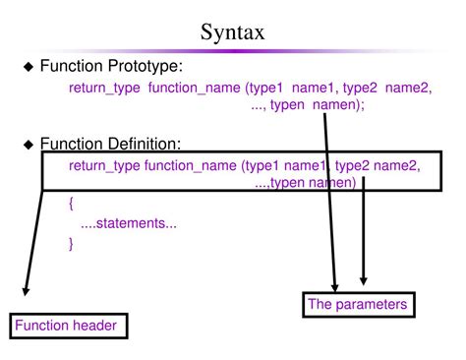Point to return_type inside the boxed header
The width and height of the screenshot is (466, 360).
(104, 165)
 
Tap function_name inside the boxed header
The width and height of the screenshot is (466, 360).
(191, 165)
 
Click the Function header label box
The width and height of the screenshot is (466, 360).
(70, 326)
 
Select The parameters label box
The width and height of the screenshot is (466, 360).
(357, 305)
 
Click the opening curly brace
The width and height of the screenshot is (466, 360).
(72, 204)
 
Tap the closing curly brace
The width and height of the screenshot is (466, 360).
(72, 243)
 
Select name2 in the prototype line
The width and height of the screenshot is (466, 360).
(408, 89)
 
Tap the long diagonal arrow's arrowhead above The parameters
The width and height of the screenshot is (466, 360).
(335, 285)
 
